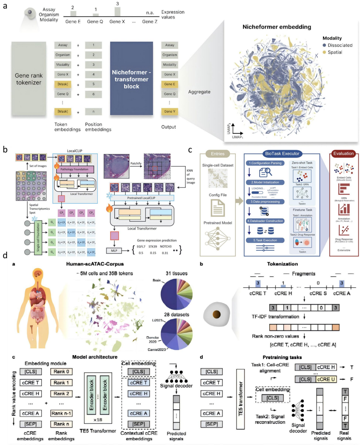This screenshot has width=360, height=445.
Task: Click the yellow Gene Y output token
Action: point(170,113)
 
